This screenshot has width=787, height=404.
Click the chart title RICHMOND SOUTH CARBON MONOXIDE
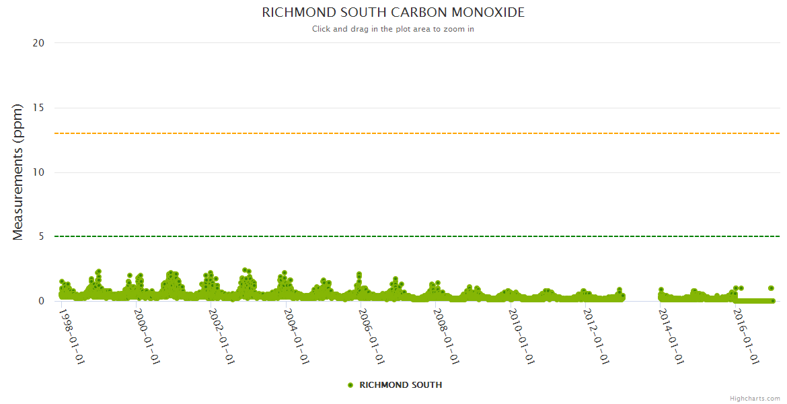coord(393,13)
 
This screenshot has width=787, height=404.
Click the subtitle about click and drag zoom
coord(393,29)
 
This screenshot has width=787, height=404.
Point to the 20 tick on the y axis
coord(38,43)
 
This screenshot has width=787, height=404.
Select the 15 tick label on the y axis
coord(38,108)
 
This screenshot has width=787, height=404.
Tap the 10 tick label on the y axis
coord(38,172)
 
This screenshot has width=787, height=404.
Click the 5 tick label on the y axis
coord(41,236)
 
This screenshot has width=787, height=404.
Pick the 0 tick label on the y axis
coord(41,301)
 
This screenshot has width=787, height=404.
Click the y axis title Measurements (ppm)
coord(18,172)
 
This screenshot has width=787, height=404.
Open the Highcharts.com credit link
coord(755,399)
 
